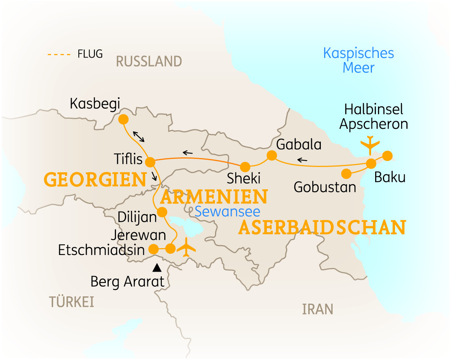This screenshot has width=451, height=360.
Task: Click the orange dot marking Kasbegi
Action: [x=123, y=120]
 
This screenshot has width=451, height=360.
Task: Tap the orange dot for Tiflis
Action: [x=150, y=162]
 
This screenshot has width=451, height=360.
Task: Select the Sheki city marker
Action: [x=245, y=167]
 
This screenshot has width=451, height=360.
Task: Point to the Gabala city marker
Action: [x=271, y=155]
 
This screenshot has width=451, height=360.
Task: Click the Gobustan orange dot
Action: [x=346, y=174]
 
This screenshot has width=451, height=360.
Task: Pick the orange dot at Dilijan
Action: [x=162, y=212]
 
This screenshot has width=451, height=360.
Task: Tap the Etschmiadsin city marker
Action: [x=154, y=249]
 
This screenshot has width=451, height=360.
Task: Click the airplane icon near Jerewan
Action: [x=187, y=247]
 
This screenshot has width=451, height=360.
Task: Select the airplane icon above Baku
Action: [x=370, y=144]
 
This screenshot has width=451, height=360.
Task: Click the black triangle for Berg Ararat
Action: [x=157, y=268]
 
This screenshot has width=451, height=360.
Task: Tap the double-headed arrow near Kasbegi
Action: [x=139, y=136]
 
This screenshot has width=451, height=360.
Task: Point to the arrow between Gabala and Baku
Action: [x=302, y=160]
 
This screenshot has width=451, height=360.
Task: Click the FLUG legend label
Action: [x=90, y=54]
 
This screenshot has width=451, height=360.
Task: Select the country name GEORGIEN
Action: [x=95, y=180]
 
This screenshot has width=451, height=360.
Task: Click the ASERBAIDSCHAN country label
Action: [x=322, y=228]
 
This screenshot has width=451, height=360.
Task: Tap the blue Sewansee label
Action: [x=227, y=211]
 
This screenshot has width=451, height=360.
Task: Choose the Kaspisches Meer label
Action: [x=359, y=60]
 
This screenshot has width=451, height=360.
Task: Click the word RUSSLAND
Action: [x=149, y=62]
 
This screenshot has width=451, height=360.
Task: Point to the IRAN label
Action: [x=318, y=309]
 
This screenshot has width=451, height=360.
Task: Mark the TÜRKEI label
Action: [x=71, y=302]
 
